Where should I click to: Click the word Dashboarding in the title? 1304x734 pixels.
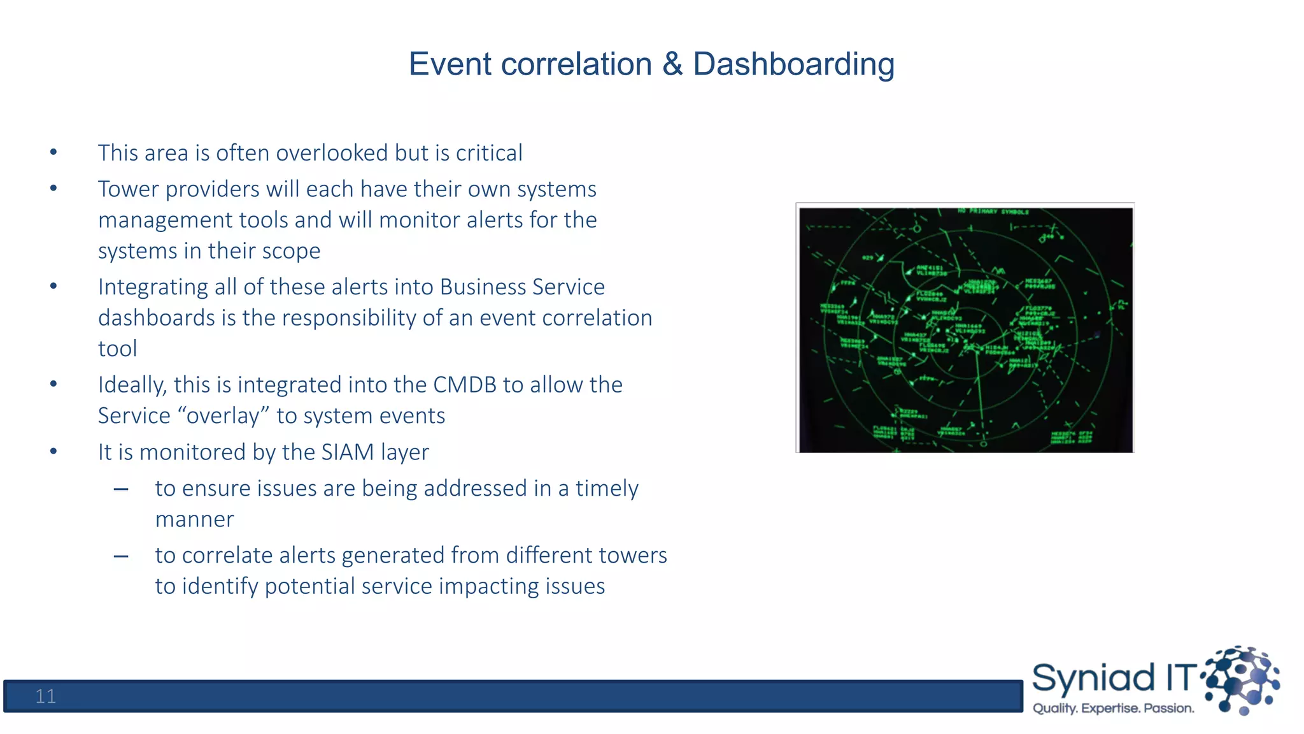(x=793, y=65)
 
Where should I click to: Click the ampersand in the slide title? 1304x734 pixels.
(x=672, y=65)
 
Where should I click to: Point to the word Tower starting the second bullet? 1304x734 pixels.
(x=128, y=189)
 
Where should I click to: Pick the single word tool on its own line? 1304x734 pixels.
(x=118, y=349)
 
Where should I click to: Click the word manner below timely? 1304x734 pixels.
(x=195, y=520)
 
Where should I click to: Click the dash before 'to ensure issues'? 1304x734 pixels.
(x=121, y=489)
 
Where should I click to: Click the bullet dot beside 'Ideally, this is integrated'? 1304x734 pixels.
(x=54, y=384)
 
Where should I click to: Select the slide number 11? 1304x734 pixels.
(x=45, y=696)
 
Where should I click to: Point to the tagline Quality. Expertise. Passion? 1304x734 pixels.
(x=1113, y=709)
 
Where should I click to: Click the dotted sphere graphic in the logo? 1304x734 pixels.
(x=1242, y=679)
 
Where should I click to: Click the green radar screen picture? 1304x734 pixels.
(x=965, y=329)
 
